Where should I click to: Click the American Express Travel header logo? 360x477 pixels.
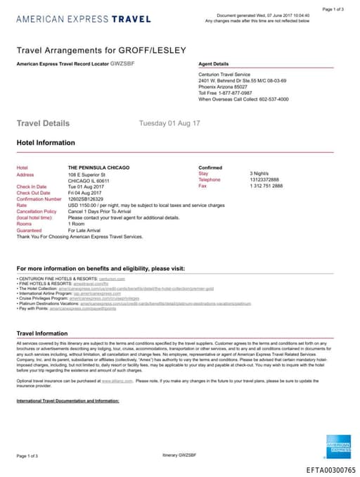click(84, 19)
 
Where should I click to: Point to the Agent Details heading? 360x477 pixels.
click(214, 64)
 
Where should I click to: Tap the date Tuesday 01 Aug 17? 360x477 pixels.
click(169, 123)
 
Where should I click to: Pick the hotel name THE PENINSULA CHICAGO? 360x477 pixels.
click(99, 167)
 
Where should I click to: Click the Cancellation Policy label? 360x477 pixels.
click(37, 211)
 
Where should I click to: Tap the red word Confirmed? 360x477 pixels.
click(210, 167)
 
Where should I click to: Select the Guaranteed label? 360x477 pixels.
click(29, 230)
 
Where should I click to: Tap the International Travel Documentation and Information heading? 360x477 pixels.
click(67, 400)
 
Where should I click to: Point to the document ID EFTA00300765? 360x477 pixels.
click(330, 469)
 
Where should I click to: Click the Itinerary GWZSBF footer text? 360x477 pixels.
click(179, 456)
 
